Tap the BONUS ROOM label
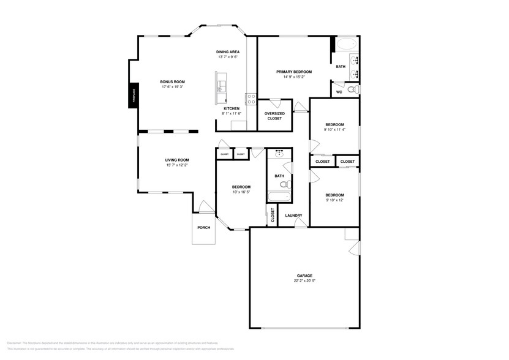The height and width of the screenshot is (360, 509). (172, 81)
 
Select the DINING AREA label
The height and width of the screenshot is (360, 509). (227, 51)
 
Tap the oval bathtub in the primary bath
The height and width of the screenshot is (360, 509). (345, 44)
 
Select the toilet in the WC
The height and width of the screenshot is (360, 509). (351, 90)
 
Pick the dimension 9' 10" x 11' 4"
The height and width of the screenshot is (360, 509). (334, 130)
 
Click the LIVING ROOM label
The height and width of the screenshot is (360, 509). (176, 160)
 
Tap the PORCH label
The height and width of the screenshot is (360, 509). (203, 228)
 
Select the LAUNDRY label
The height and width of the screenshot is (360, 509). (293, 216)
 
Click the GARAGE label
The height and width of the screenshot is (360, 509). (304, 276)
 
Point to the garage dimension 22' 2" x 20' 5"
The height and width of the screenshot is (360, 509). (304, 281)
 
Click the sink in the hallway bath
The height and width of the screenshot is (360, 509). (279, 154)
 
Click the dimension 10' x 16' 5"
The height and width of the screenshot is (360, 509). (241, 192)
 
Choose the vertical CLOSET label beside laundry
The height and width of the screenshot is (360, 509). (273, 215)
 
